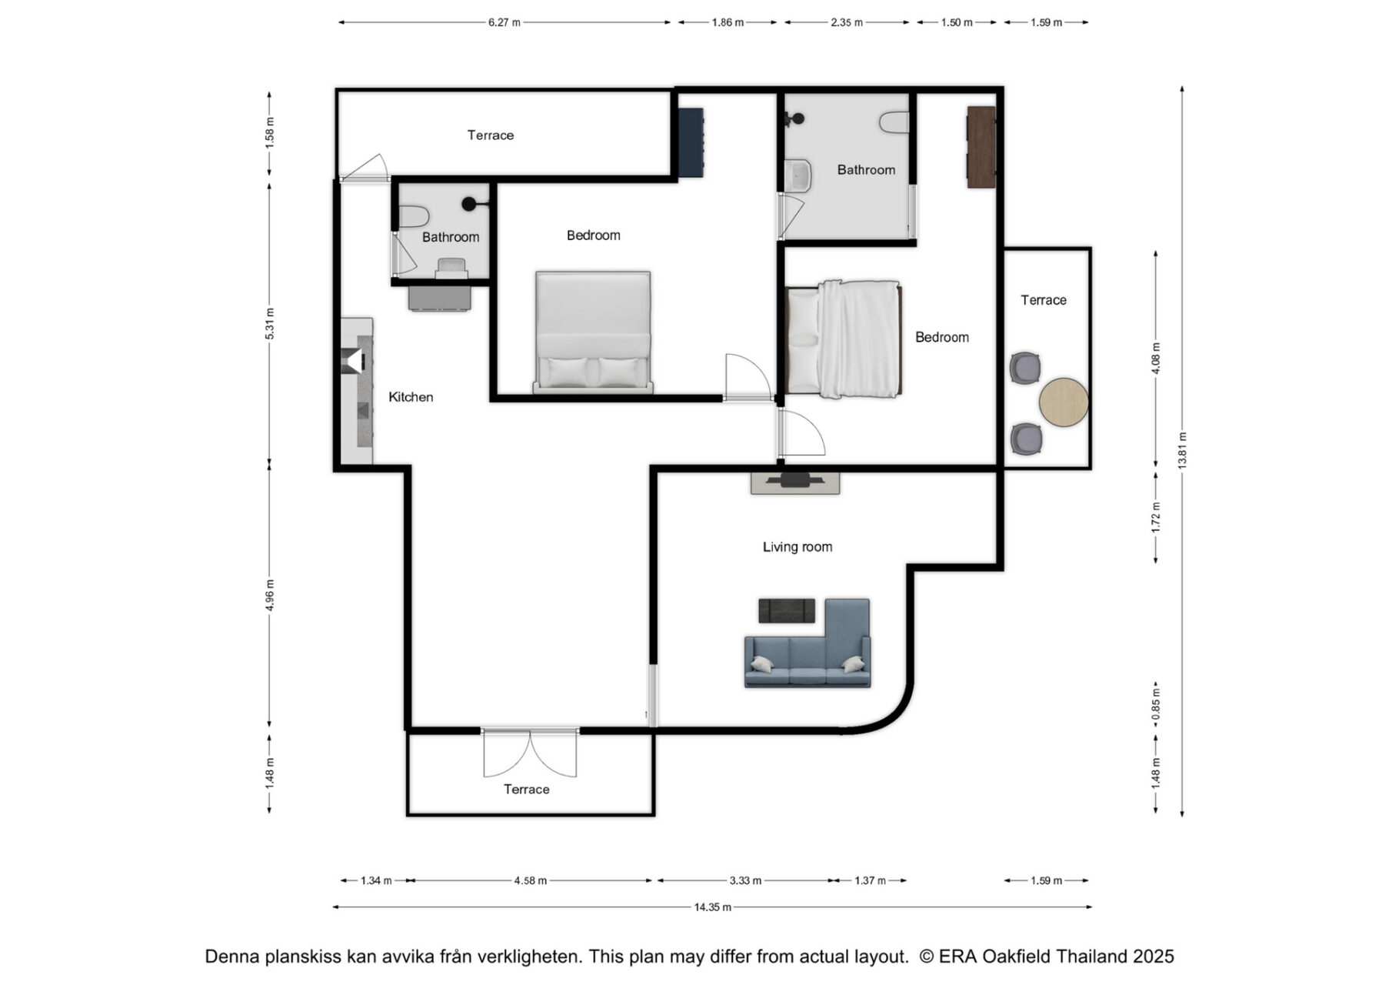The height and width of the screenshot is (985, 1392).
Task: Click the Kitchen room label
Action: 411,397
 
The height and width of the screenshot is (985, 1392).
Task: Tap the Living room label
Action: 798,547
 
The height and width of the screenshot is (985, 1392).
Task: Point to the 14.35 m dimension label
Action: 712,907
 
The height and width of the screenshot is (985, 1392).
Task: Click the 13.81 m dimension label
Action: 1182,450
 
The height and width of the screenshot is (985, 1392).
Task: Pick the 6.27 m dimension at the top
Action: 504,22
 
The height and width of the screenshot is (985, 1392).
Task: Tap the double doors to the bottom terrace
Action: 530,753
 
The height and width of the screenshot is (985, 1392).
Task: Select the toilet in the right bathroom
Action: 894,122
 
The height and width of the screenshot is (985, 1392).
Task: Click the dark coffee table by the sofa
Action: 787,610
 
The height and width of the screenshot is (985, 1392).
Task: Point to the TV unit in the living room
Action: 795,482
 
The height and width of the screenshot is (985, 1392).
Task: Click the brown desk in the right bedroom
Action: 981,147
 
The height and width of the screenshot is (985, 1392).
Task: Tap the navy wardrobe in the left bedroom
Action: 691,143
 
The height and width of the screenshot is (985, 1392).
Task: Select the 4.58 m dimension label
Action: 531,880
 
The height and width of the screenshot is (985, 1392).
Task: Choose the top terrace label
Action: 491,135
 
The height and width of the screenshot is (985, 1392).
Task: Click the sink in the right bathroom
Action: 799,175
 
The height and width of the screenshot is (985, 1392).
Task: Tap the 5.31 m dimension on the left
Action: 269,323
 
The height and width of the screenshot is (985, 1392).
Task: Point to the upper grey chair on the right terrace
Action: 1025,368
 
